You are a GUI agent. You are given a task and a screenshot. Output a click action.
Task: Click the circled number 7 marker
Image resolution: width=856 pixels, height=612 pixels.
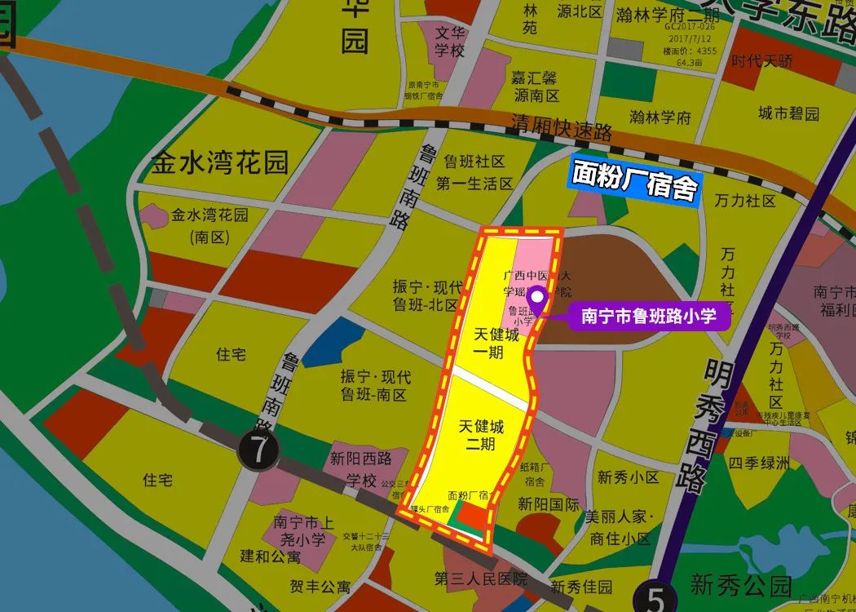point(258,449)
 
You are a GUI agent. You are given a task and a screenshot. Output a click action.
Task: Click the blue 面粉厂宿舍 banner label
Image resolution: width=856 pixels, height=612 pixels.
point(635,180)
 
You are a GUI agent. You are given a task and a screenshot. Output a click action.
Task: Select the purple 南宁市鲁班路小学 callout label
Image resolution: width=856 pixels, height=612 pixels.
point(649,316)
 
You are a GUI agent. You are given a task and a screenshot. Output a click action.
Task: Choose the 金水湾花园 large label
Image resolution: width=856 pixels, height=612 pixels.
point(220,162)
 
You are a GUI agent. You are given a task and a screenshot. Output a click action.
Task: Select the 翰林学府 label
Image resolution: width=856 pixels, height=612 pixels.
point(660,117)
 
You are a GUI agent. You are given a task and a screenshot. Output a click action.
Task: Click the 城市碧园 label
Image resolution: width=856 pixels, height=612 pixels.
point(788,113)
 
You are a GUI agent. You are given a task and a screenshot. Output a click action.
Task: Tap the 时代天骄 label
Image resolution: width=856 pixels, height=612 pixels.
point(761,60)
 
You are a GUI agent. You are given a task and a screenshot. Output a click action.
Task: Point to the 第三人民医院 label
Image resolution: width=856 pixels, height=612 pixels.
point(481,579)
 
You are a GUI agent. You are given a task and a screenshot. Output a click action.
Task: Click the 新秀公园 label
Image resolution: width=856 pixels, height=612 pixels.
point(741,584)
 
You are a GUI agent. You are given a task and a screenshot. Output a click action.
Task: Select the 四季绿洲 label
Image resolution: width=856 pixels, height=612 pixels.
point(759,463)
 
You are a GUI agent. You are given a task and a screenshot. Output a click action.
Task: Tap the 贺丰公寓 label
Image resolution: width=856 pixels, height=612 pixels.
point(320,586)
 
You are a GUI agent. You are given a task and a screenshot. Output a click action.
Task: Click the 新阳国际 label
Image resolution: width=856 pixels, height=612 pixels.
point(549,503)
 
